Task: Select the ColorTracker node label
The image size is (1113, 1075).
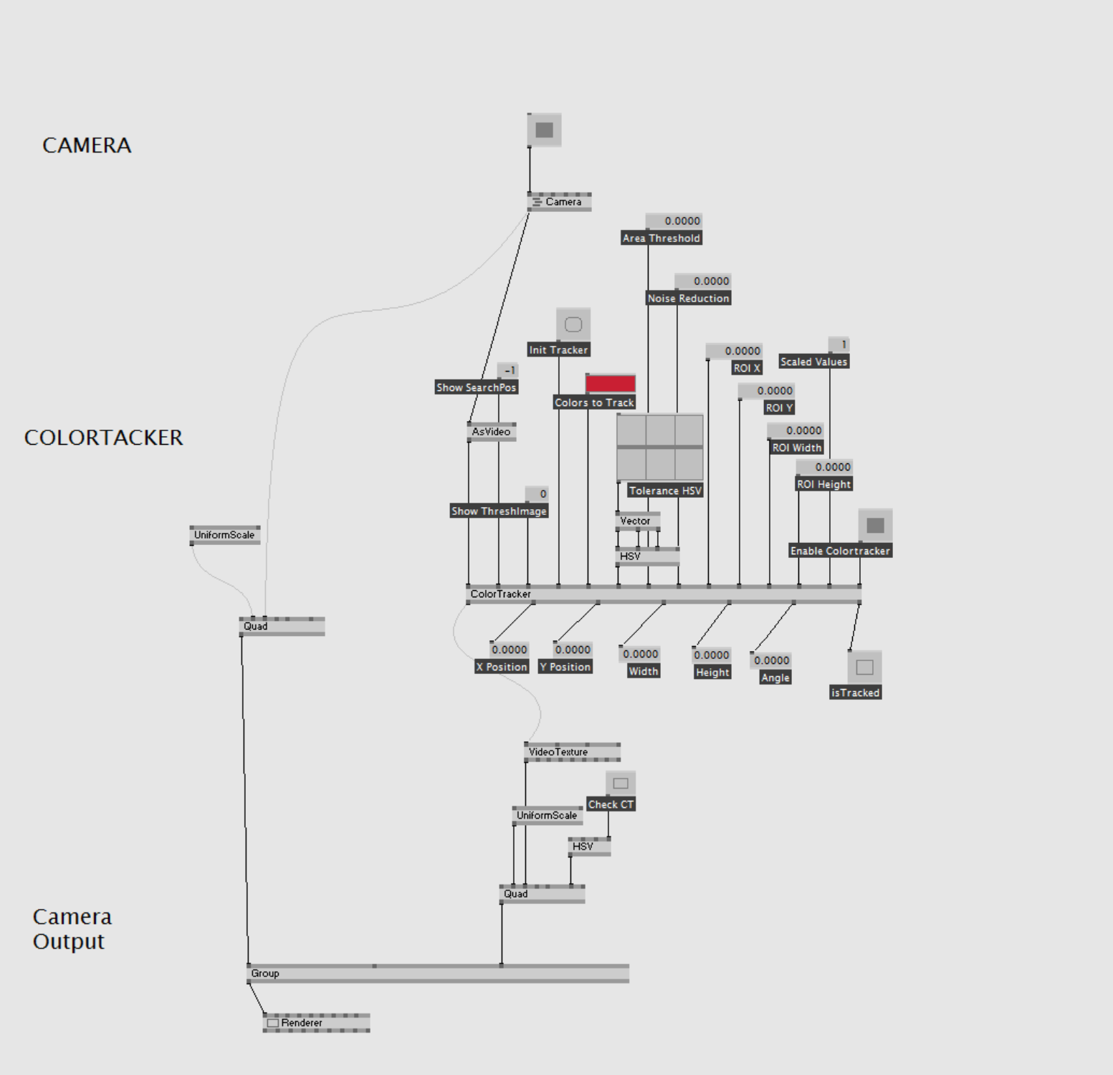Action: [x=500, y=594]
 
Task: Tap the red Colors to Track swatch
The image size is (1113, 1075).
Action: [x=611, y=383]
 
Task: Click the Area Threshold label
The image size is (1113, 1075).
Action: [x=661, y=238]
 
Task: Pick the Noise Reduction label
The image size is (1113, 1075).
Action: [x=688, y=299]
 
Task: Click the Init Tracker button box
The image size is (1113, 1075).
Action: [x=573, y=325]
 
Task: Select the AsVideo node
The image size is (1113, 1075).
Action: [x=491, y=432]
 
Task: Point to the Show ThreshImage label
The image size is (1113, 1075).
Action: [x=499, y=511]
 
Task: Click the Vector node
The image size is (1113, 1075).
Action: [x=636, y=521]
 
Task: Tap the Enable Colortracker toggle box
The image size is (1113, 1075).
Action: [x=875, y=526]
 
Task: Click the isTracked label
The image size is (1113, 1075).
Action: [x=855, y=693]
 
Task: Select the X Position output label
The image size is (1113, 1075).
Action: [x=502, y=667]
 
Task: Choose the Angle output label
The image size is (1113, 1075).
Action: [x=775, y=678]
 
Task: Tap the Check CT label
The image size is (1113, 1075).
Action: [x=611, y=805]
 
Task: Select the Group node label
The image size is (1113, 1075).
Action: [x=265, y=974]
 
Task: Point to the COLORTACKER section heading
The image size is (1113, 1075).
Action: [x=103, y=438]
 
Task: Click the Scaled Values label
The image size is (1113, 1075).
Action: [x=813, y=362]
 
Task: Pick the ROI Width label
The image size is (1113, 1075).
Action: [x=796, y=448]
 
